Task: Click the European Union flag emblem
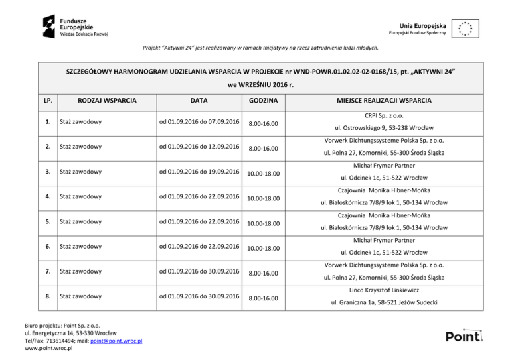464,28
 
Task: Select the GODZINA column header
260,101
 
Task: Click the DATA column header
198,101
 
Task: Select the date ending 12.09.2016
199,147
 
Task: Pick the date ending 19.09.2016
199,172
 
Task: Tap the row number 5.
46,222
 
